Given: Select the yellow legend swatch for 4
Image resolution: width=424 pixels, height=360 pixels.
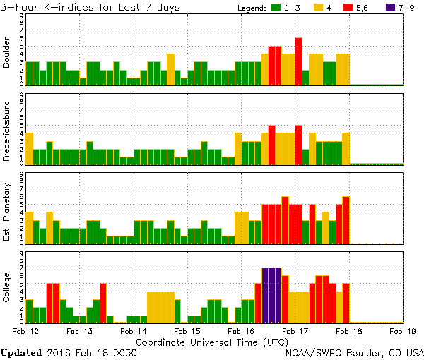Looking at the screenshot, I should click(318, 8).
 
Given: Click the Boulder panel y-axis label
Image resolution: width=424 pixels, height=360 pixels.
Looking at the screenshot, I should click(7, 54).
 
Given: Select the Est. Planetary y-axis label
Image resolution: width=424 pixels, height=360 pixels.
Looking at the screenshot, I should click(7, 211).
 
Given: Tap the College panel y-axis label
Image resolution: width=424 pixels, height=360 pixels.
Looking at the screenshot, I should click(7, 289).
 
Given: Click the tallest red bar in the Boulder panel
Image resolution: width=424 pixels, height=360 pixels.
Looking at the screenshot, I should click(298, 61).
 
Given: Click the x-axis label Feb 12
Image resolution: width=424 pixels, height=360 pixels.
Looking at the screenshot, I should click(25, 330).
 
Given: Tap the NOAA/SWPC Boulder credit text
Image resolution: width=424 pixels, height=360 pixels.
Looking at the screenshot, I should click(353, 352).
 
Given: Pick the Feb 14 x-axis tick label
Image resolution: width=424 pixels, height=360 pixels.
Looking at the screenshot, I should click(133, 330).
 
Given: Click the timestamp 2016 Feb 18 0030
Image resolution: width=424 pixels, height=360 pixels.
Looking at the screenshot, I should click(91, 352).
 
